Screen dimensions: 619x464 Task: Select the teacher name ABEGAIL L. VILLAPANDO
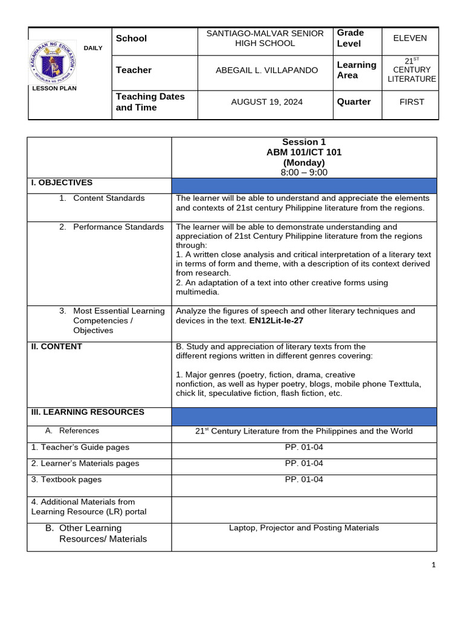pos(266,70)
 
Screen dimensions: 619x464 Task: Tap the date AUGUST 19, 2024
pos(266,102)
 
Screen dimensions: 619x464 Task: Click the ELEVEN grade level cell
pos(410,38)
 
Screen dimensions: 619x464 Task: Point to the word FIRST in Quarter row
pos(411,102)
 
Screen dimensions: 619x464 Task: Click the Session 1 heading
pos(304,142)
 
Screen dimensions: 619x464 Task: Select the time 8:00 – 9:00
pos(304,172)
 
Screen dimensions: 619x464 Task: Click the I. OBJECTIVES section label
pos(62,182)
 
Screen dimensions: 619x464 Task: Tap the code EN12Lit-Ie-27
pos(276,321)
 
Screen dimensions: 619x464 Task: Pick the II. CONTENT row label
pos(57,346)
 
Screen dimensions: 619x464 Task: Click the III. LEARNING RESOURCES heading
pos(88,412)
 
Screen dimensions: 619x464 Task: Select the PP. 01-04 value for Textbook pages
pos(304,479)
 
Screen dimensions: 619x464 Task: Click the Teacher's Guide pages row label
pos(80,447)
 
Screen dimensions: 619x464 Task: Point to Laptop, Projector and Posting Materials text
pos(304,528)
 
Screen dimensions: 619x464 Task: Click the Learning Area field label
pos(356,70)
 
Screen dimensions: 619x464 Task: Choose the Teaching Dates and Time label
pos(150,102)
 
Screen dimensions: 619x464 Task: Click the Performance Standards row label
pos(118,227)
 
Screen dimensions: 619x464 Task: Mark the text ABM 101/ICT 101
pos(304,152)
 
